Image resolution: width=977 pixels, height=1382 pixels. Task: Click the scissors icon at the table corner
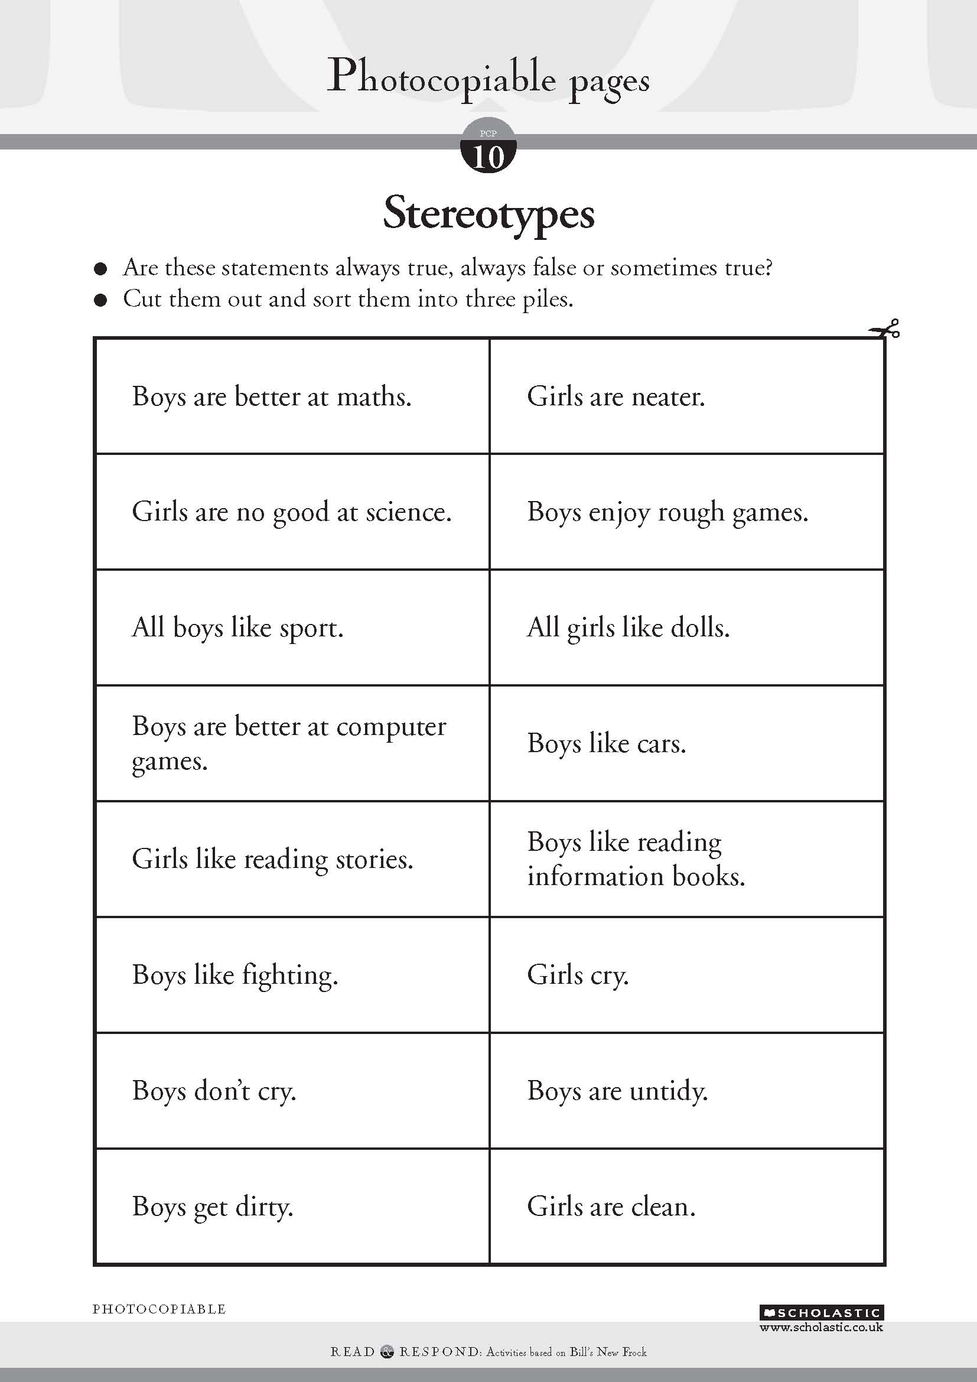pyautogui.click(x=884, y=330)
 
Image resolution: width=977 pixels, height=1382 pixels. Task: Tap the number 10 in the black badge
pyautogui.click(x=488, y=158)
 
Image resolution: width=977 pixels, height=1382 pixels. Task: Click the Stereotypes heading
pyautogui.click(x=488, y=214)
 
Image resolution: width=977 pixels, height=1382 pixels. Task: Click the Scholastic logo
pyautogui.click(x=822, y=1313)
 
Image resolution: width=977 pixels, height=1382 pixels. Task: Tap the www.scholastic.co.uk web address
pyautogui.click(x=821, y=1327)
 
